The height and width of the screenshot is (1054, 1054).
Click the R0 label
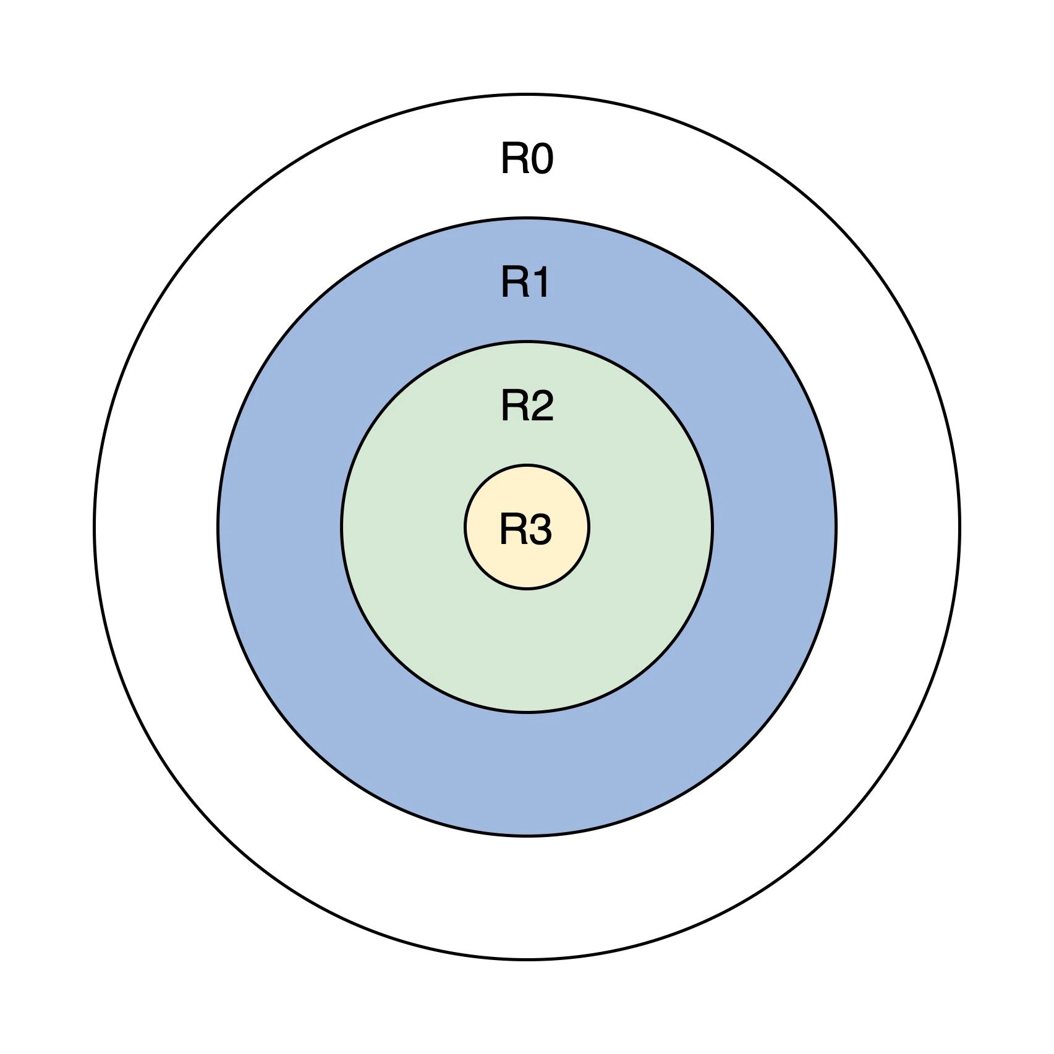[527, 159]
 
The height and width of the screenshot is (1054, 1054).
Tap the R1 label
[525, 283]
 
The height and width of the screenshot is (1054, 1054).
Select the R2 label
[527, 406]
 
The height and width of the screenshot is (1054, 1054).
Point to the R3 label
[525, 530]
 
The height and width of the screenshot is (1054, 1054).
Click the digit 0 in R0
[542, 159]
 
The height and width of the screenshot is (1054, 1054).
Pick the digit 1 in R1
[540, 283]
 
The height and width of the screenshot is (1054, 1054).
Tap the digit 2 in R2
[542, 406]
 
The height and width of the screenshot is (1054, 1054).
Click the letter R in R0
[513, 159]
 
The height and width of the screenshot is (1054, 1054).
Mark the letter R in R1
[513, 283]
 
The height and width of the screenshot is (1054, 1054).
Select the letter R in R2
[513, 406]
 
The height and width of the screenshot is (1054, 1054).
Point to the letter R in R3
[512, 530]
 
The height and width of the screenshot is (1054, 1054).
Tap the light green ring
[527, 649]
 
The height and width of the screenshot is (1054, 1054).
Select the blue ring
[527, 773]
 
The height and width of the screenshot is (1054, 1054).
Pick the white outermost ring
[527, 896]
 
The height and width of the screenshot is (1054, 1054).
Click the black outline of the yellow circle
[527, 589]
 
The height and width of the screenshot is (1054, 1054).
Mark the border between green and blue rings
[527, 712]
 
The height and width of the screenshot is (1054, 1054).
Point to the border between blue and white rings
[527, 836]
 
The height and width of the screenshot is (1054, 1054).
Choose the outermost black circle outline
[527, 959]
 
